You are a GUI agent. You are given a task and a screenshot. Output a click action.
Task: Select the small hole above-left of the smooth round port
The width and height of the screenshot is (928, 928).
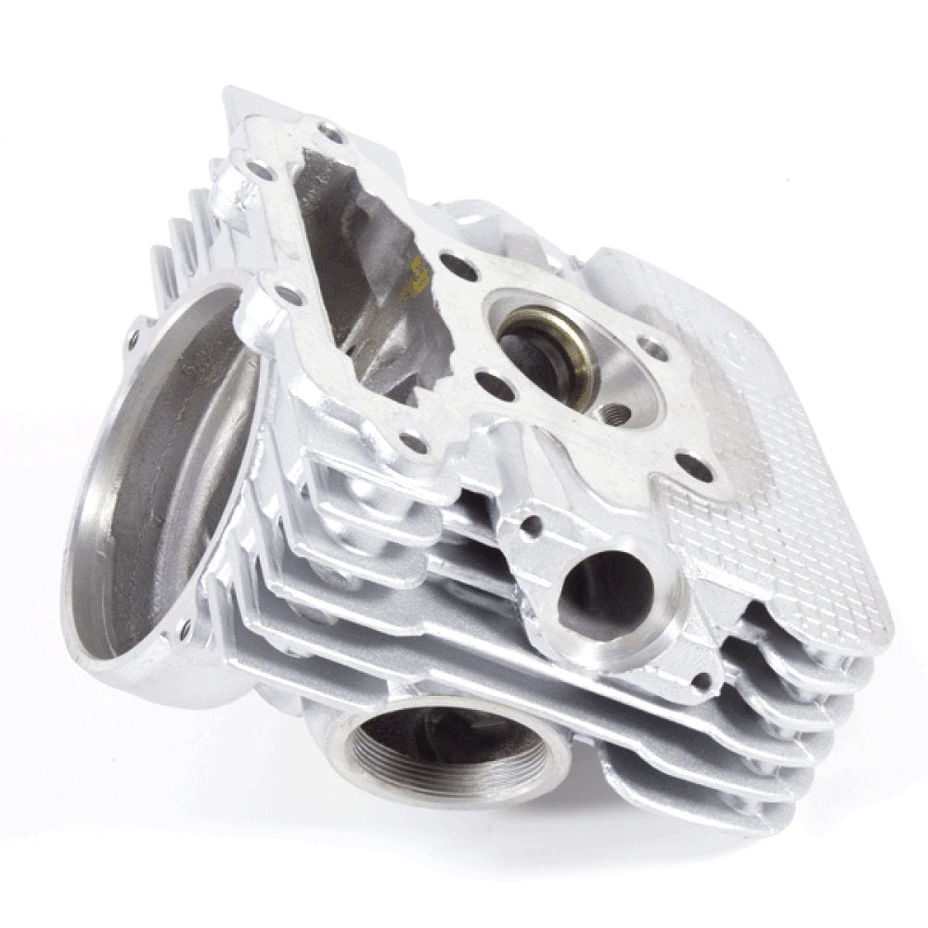531,526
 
